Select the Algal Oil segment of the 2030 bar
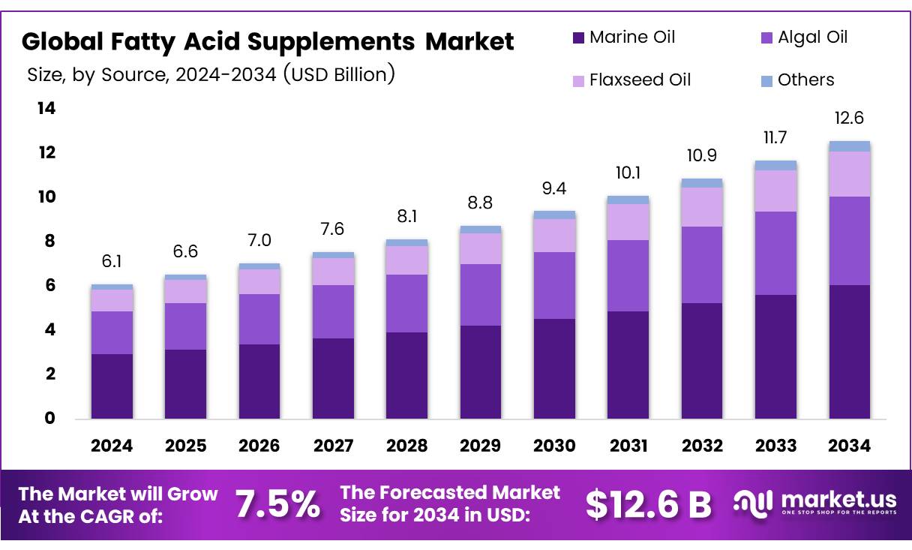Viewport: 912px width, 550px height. (x=554, y=285)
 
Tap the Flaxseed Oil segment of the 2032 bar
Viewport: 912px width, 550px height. (x=702, y=206)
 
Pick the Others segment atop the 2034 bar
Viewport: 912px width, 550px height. (x=850, y=146)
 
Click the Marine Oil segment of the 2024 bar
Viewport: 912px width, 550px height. (x=112, y=386)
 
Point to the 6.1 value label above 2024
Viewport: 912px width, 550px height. (x=112, y=261)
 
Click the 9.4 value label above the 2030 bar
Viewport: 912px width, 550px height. (x=554, y=188)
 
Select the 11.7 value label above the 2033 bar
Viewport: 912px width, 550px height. (x=775, y=137)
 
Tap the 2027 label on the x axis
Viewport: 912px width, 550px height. (x=333, y=446)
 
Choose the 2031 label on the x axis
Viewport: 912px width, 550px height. (x=628, y=446)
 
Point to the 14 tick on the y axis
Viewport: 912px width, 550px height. (x=46, y=109)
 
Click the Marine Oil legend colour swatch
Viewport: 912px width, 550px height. (x=578, y=38)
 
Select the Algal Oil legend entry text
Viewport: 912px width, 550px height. (x=813, y=37)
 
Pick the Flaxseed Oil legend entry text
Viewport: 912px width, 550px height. (x=640, y=80)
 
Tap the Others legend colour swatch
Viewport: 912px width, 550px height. (x=766, y=80)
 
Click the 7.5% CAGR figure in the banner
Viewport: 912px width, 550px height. (x=277, y=504)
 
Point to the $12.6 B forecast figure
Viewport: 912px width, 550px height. (x=648, y=504)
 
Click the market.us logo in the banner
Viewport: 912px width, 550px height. (x=814, y=503)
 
